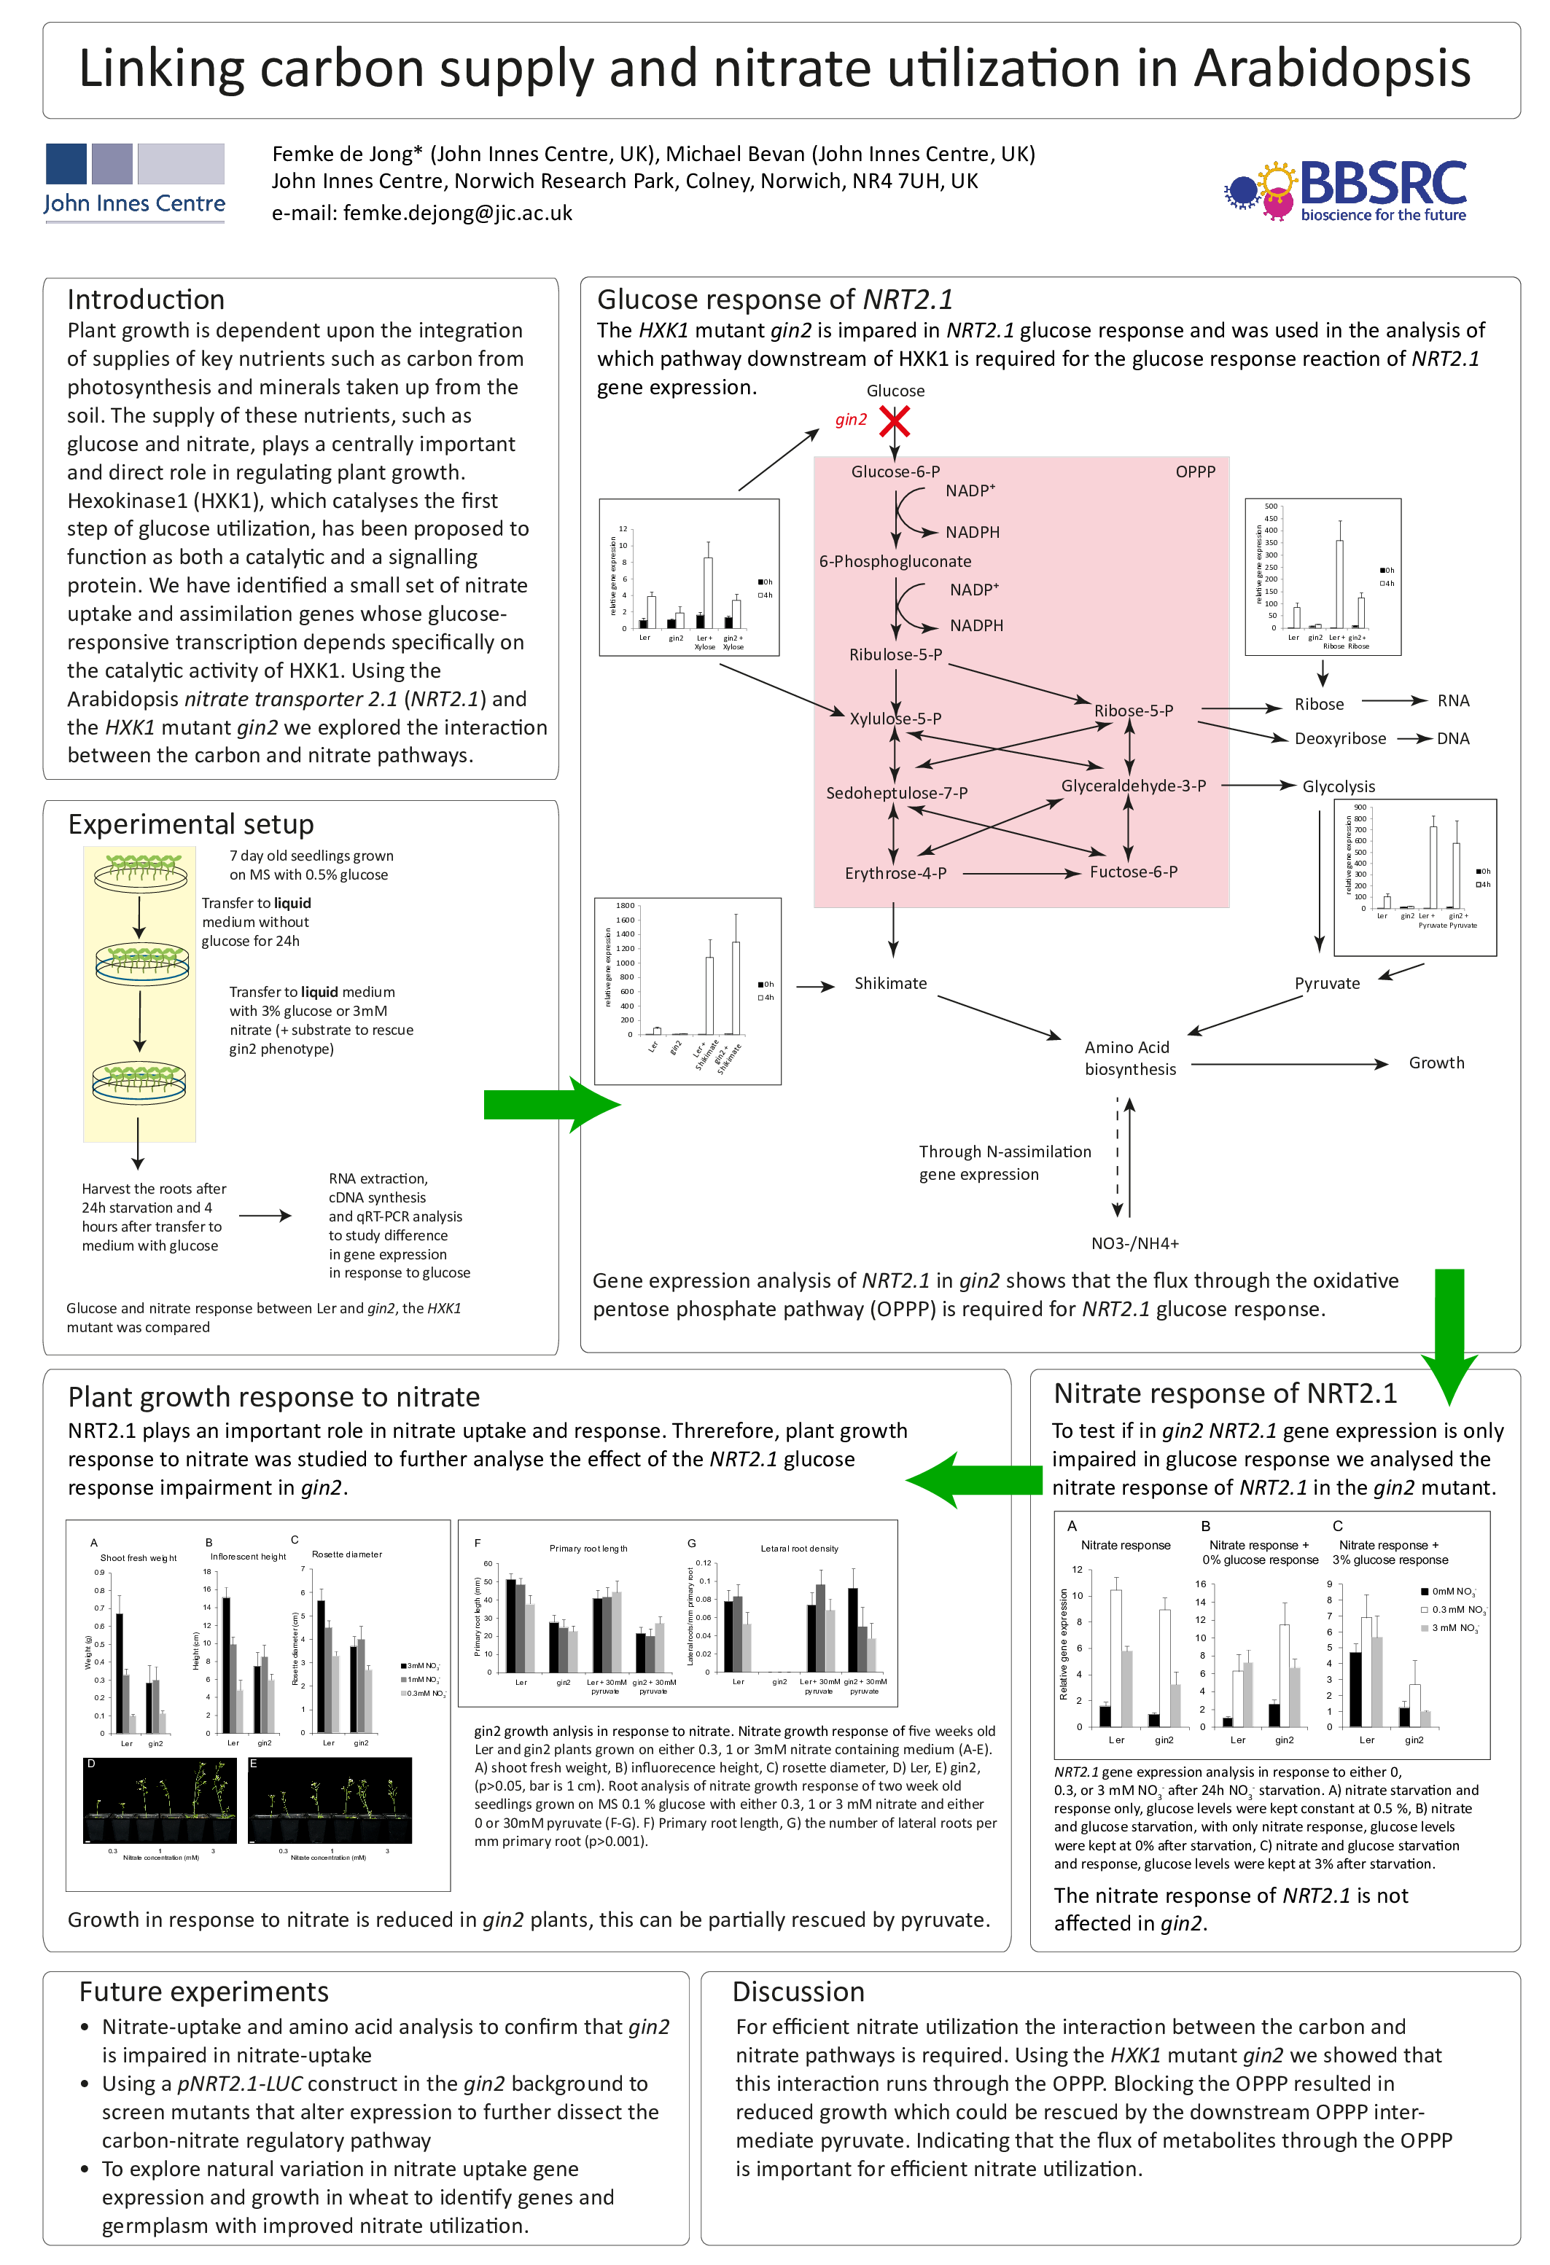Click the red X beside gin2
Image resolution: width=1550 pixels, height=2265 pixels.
(894, 421)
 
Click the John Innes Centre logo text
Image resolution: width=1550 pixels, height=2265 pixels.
(135, 204)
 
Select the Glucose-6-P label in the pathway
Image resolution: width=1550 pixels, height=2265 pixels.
(895, 472)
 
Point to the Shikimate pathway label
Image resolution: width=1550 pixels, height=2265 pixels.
(890, 983)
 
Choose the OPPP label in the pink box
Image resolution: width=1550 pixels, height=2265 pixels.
(1194, 472)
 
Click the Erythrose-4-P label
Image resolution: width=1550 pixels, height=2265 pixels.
(895, 873)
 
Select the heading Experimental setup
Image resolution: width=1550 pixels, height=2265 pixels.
(190, 824)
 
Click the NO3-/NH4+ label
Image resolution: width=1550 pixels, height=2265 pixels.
(1134, 1243)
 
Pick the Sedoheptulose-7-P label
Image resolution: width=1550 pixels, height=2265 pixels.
(896, 794)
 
